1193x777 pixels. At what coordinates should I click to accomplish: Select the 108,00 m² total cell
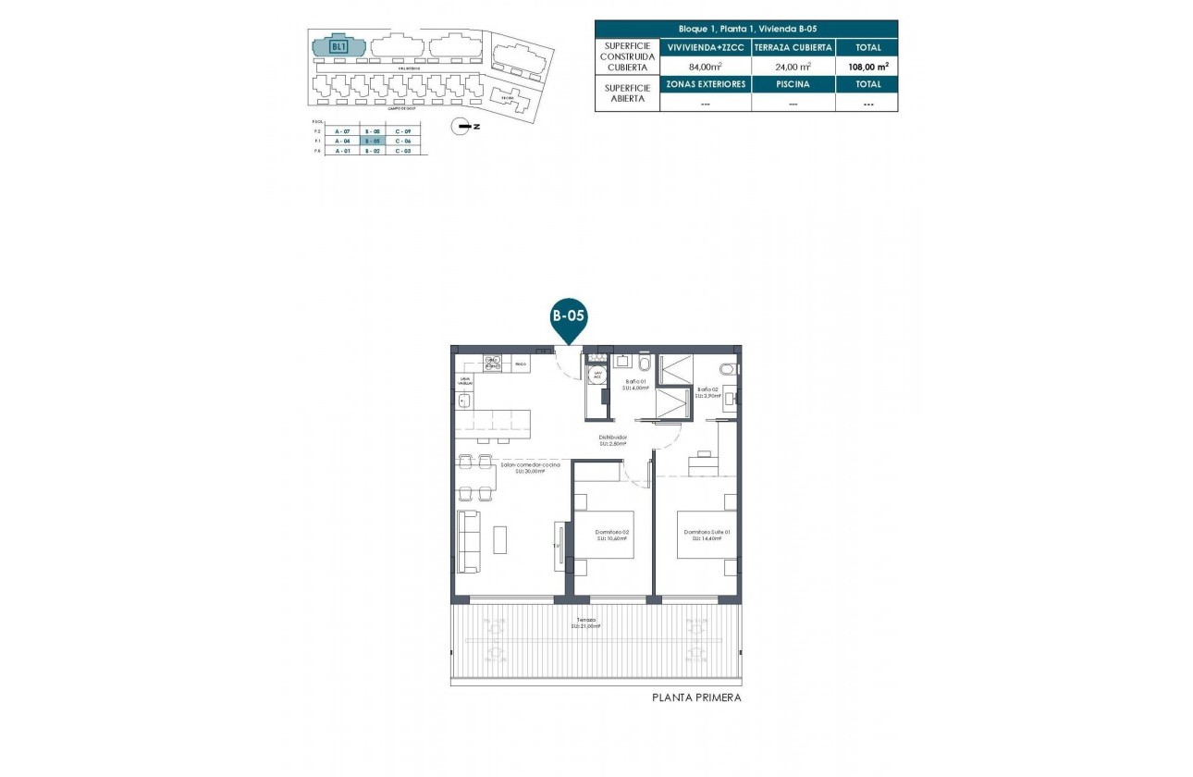coord(867,66)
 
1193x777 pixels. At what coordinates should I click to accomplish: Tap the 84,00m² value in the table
coord(705,66)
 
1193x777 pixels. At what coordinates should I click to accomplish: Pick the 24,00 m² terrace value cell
coord(793,66)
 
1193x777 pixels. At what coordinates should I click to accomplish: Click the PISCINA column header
coord(793,84)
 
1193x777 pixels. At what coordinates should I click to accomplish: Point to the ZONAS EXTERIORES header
coord(705,84)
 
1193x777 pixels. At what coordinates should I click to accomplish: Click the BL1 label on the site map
coord(338,46)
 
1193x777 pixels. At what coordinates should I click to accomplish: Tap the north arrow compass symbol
coord(460,127)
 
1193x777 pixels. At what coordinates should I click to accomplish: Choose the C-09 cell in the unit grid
coord(402,132)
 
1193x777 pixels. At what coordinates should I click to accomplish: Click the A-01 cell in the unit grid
coord(342,151)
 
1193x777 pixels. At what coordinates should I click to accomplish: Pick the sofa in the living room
coord(469,540)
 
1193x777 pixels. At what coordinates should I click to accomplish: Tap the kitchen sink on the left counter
coord(464,401)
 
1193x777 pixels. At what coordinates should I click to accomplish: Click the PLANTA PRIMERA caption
coord(696,698)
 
